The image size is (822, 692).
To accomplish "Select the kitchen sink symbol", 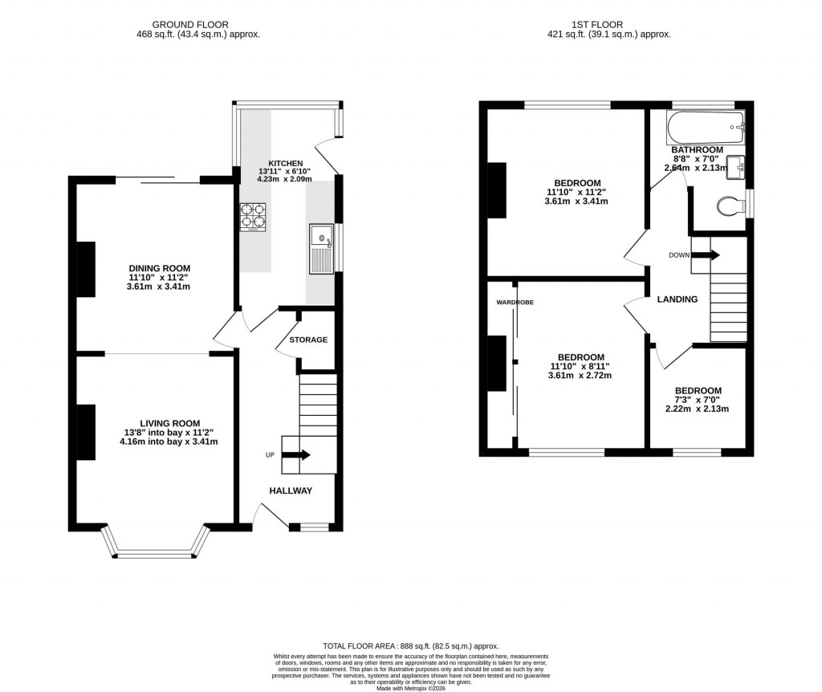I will tap(320, 249).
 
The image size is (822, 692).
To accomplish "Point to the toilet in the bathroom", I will tap(728, 206).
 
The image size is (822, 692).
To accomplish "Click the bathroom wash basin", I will tap(737, 166).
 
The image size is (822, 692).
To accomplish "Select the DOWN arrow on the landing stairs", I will tap(706, 255).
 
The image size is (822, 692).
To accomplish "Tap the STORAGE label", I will tap(308, 340).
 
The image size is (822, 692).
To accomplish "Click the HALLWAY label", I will tap(291, 491).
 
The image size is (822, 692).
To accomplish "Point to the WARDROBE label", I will tap(515, 303).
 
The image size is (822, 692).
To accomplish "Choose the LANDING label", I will tap(678, 299).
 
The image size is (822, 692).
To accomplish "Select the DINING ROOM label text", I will tap(159, 268).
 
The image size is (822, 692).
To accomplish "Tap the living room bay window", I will tap(154, 552).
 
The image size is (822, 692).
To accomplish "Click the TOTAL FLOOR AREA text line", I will tap(410, 646).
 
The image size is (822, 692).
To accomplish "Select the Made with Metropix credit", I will tap(411, 687).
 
